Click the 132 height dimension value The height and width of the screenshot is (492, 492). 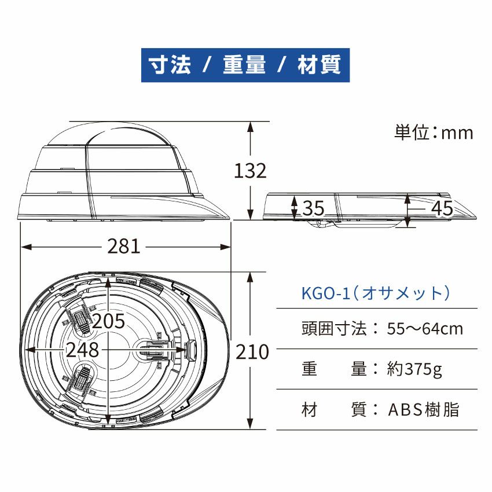point(250,171)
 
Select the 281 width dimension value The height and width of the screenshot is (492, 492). point(124,247)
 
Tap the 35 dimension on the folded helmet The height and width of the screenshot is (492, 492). point(313,208)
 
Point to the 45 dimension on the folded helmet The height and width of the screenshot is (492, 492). point(443,208)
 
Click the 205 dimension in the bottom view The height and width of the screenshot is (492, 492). point(109,321)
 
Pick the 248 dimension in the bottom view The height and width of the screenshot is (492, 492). point(82,350)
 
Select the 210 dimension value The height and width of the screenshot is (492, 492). point(252,351)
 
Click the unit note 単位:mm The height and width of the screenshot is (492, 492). point(434,133)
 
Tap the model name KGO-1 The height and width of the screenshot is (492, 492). point(324,293)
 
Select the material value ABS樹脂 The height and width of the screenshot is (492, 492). point(423,410)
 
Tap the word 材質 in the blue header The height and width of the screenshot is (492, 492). point(320,65)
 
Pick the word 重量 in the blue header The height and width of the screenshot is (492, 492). point(244,65)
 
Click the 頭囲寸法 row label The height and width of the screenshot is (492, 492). point(334,329)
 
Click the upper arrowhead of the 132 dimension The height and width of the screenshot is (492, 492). point(250,126)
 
